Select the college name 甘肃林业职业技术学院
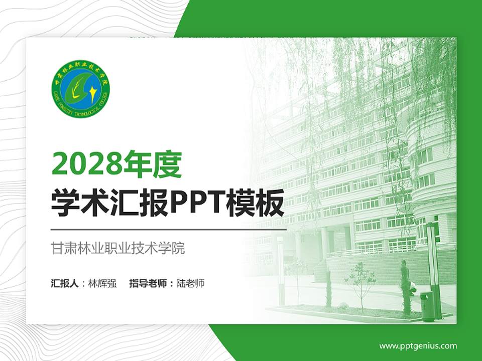click(x=118, y=248)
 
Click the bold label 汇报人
click(x=65, y=283)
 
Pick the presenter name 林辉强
click(x=102, y=283)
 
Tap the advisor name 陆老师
click(x=191, y=283)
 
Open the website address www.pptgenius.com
click(x=418, y=345)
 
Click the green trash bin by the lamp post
click(x=428, y=306)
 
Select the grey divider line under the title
click(x=169, y=229)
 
